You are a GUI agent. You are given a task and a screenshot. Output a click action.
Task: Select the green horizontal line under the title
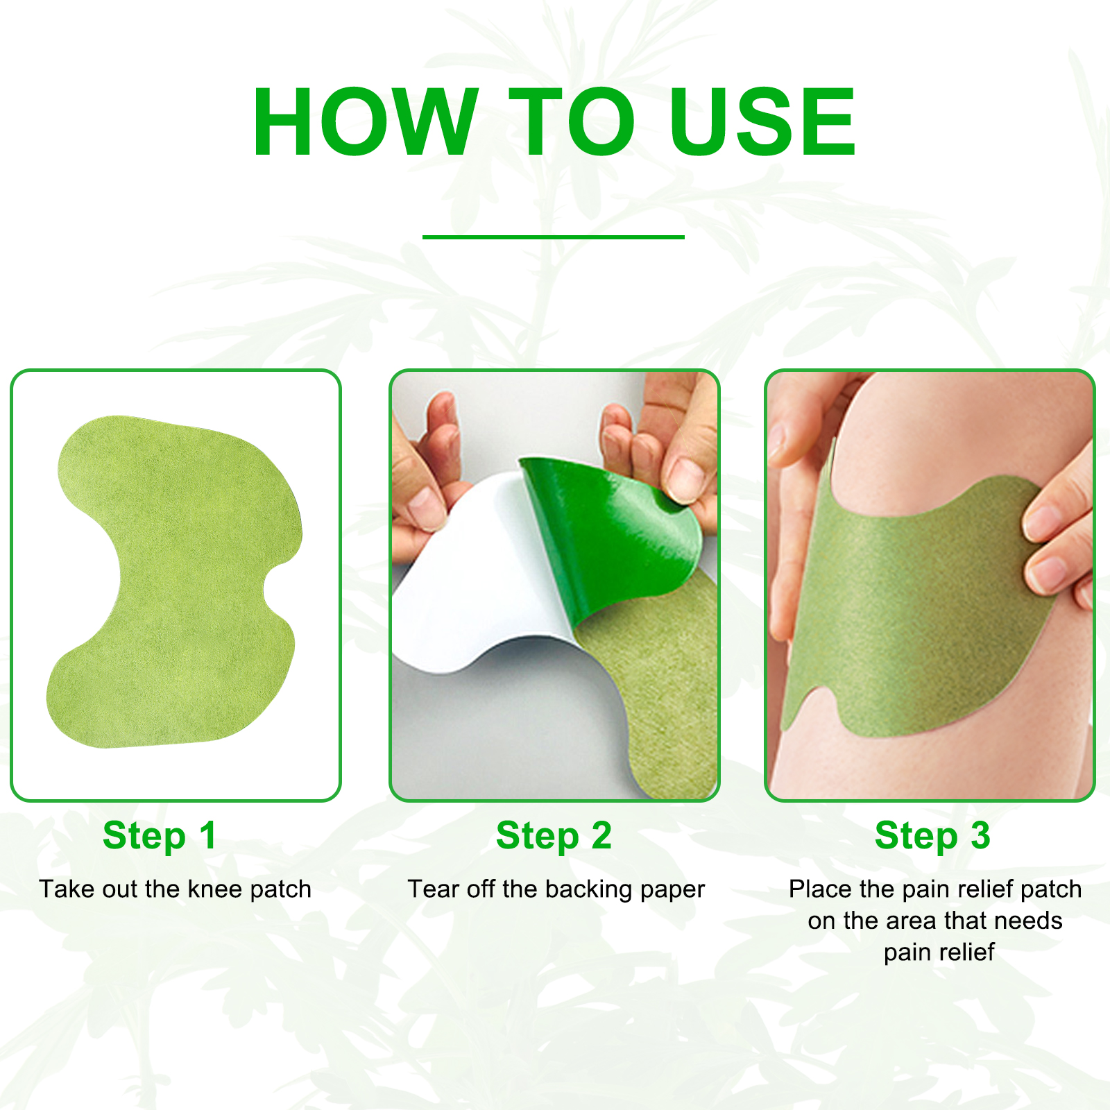coord(553,237)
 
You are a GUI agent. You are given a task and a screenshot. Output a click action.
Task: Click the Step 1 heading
coord(160,835)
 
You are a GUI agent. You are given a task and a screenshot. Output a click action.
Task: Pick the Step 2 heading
coord(554,835)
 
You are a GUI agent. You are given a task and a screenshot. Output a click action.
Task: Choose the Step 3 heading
coord(932,835)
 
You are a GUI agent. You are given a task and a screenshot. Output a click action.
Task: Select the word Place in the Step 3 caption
coord(821,889)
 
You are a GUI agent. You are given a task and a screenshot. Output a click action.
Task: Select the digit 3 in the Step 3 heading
coord(980,835)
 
